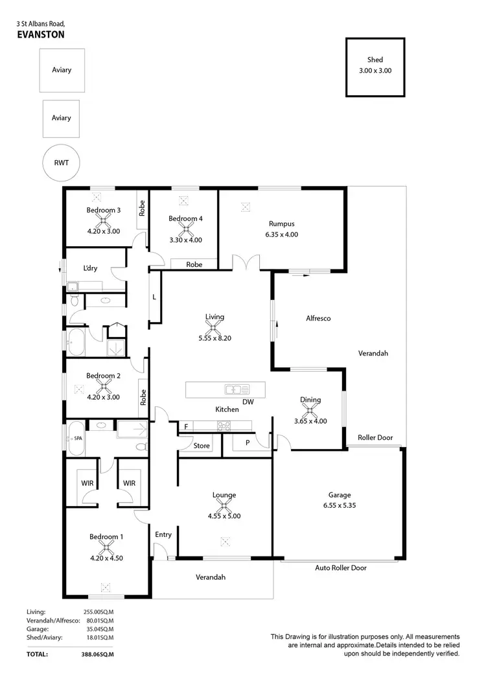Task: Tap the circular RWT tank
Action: pos(60,165)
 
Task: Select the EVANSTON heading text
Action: pos(40,36)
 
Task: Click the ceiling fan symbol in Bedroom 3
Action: pos(104,220)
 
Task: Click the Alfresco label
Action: pos(318,319)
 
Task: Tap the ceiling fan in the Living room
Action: pos(214,328)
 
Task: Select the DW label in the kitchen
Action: pos(248,402)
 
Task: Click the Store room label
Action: pos(202,446)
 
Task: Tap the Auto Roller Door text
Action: pos(341,568)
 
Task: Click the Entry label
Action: pos(163,534)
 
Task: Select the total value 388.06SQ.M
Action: pos(96,654)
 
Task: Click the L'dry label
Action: pos(90,268)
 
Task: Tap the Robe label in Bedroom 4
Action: pos(194,264)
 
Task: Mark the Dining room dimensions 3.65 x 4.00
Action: pos(310,420)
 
